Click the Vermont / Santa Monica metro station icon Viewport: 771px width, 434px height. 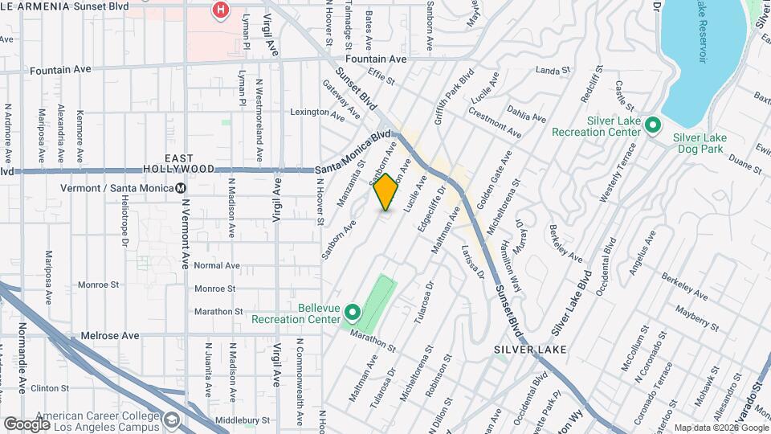[182, 188]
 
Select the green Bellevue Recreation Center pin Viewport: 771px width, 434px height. [352, 312]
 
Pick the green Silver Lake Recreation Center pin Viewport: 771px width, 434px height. [653, 125]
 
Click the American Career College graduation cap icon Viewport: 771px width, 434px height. [172, 420]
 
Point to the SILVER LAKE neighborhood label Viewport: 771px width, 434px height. [530, 350]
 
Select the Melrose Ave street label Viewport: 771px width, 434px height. [111, 335]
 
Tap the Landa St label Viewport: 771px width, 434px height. [552, 71]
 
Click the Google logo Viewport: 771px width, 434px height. [27, 424]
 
